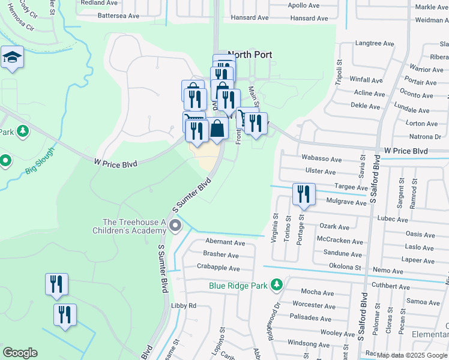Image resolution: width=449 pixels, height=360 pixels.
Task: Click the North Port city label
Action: (x=250, y=55)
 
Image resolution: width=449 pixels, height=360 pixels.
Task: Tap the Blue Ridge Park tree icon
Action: (x=277, y=284)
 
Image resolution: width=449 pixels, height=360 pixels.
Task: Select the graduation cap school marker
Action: (x=12, y=58)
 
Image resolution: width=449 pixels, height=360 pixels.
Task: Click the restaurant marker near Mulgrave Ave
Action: (x=304, y=194)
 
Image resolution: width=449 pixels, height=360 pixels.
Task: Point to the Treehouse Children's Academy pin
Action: (x=175, y=226)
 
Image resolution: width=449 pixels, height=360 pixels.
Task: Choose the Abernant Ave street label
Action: (x=224, y=243)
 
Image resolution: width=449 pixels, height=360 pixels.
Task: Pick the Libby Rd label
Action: (x=184, y=305)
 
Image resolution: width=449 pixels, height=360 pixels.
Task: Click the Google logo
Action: (x=20, y=353)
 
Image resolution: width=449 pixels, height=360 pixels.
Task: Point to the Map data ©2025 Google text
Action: (x=411, y=355)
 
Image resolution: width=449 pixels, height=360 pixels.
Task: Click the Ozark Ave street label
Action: (x=334, y=227)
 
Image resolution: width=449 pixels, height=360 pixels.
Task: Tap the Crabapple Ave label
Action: (x=218, y=268)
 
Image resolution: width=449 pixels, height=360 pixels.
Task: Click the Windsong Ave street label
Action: (x=309, y=343)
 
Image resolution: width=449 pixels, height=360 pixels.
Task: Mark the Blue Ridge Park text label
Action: (x=238, y=286)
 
